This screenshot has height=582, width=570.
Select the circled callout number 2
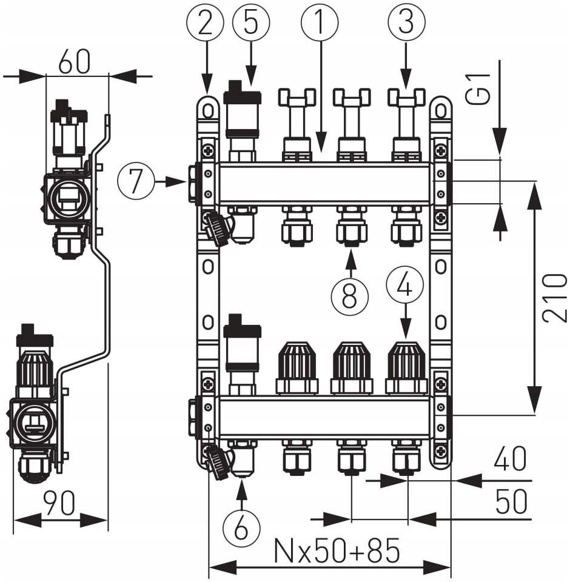click(207, 24)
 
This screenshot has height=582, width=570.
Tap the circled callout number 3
click(406, 24)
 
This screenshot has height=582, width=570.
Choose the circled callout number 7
click(137, 181)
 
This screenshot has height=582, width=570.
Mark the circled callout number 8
click(350, 295)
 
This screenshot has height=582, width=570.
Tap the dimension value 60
click(76, 61)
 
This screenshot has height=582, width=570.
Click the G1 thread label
click(480, 89)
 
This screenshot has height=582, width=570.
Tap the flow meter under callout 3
click(406, 121)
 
